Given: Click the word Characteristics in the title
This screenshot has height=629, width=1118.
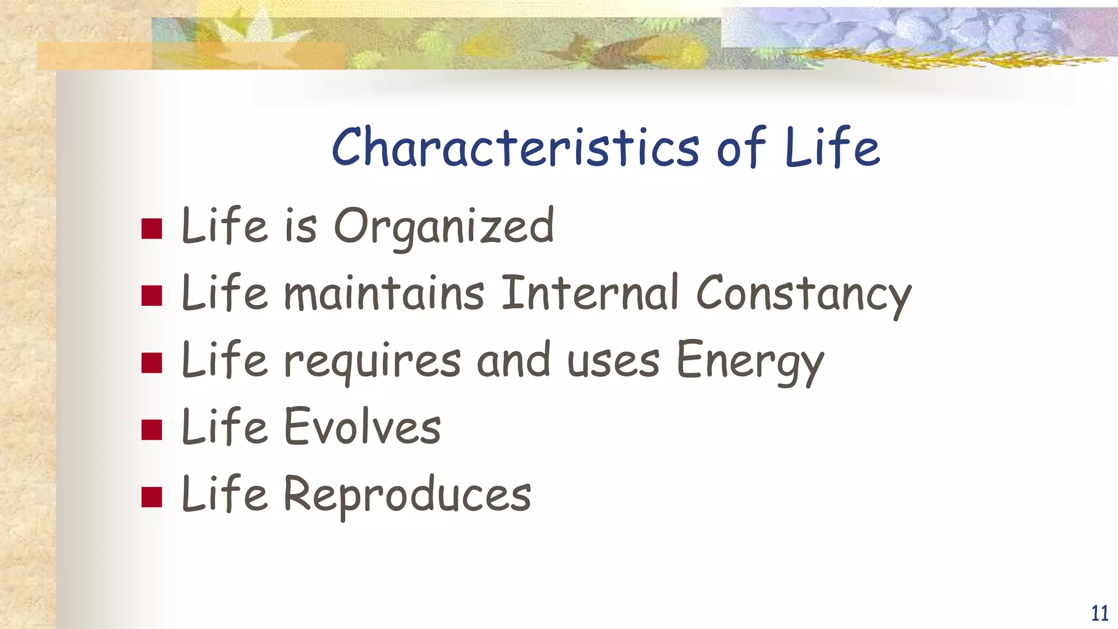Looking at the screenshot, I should pos(515,147).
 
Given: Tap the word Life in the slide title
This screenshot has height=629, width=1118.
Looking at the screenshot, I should pos(832,147).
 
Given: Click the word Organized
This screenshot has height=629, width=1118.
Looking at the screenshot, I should pos(443,227).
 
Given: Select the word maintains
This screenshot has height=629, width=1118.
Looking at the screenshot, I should pos(384,294).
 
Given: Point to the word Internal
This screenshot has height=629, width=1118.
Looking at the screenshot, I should pos(590,294).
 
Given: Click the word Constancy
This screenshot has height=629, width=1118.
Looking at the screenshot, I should pos(803,295).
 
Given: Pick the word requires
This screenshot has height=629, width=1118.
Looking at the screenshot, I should pos(372,361).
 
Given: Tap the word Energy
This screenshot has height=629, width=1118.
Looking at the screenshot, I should pos(750,361).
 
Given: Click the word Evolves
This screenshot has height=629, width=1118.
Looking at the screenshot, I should pos(362,428).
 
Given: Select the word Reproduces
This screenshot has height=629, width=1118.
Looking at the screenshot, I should pos(407,495).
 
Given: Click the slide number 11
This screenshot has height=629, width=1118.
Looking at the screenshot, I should pos(1099,613).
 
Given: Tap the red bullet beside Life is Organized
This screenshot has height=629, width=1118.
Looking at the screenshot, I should pos(152,229).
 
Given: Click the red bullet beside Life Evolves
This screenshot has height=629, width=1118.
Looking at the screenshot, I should pos(152,430).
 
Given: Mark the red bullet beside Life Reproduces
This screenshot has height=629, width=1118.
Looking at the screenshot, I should pos(152,497).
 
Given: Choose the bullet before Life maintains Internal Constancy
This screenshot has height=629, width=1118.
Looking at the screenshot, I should pos(152,296).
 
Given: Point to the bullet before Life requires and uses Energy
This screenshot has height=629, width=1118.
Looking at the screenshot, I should pos(152,363).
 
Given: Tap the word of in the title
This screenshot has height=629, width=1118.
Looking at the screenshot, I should pos(741,147).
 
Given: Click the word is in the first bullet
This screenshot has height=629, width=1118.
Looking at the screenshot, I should pos(300,227).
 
